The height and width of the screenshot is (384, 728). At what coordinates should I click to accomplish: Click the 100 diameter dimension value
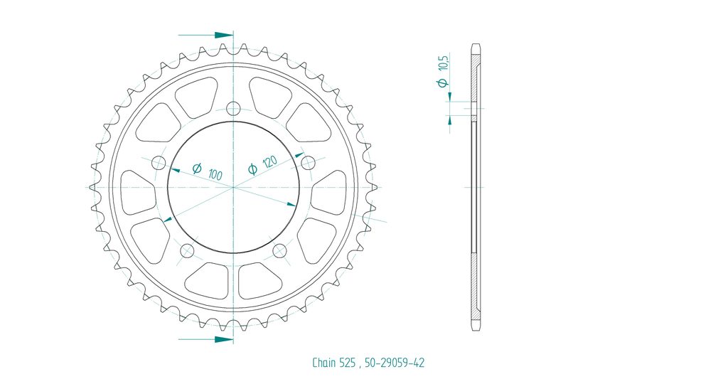point(215,175)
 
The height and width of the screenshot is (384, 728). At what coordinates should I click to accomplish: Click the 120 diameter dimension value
point(269,161)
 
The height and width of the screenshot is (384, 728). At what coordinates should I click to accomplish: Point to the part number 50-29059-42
point(394,363)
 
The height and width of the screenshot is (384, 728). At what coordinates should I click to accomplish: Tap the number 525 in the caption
point(350,363)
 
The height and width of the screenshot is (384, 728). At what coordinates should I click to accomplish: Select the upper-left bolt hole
point(159,163)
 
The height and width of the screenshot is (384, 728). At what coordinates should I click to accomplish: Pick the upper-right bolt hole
point(308,163)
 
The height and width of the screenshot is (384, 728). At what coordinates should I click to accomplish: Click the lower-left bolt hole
point(187,251)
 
